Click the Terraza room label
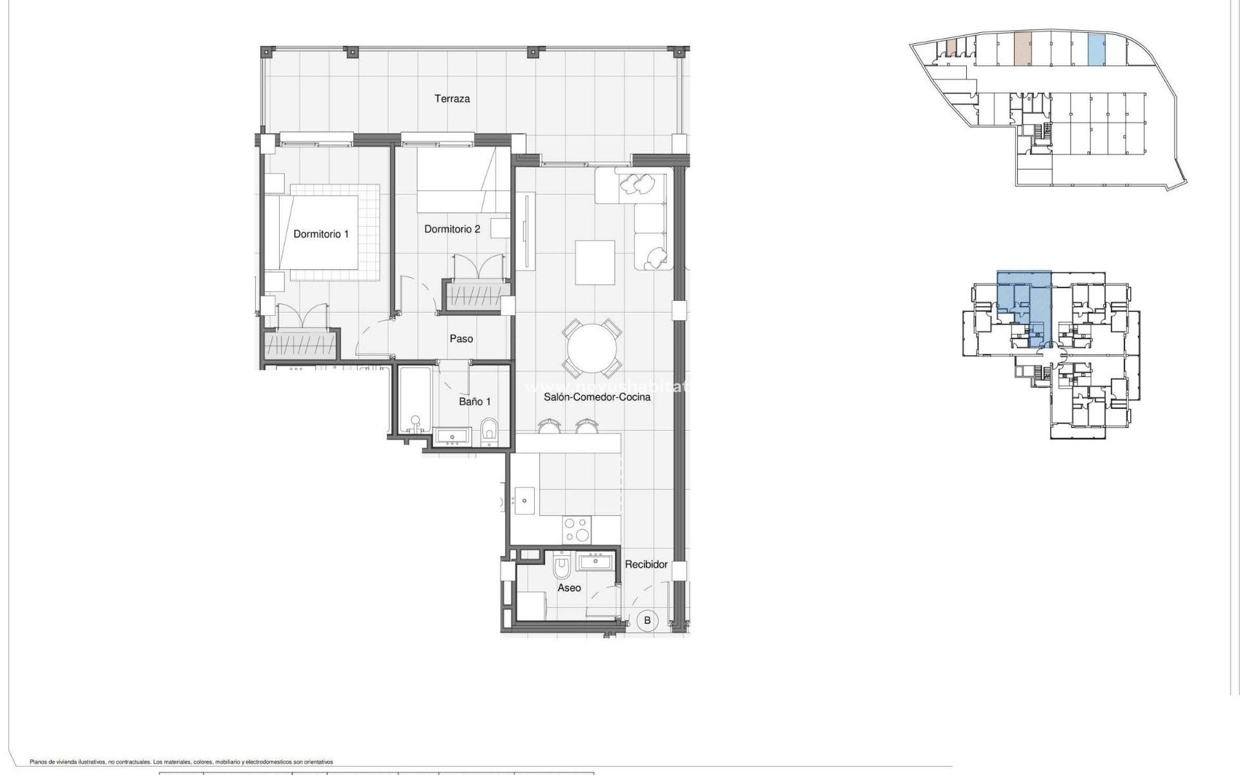(x=451, y=99)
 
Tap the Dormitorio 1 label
(x=321, y=234)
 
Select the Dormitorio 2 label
(x=452, y=229)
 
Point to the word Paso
(x=461, y=338)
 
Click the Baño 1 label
(x=475, y=402)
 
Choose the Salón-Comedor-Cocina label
(x=597, y=397)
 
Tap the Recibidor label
(x=646, y=564)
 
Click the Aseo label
(x=569, y=588)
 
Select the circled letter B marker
(x=647, y=621)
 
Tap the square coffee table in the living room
(x=595, y=262)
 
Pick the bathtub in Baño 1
(x=414, y=400)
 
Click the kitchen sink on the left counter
(x=524, y=500)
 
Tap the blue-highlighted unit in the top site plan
(x=1096, y=50)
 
